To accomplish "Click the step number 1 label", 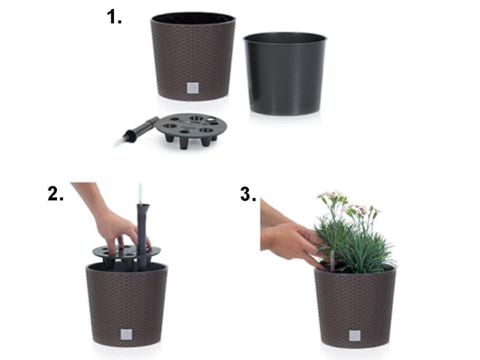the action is [x=114, y=17].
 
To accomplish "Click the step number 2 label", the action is [x=56, y=194].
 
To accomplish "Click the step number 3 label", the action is [x=248, y=194].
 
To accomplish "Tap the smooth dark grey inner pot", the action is [x=285, y=74].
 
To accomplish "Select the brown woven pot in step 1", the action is [x=193, y=56].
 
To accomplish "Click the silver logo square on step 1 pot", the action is [x=193, y=88].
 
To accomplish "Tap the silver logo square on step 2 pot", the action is [x=126, y=334].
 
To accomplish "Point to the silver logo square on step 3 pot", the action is [x=355, y=336].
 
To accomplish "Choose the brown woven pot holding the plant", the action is [x=355, y=306].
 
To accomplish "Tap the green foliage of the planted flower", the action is [x=355, y=245].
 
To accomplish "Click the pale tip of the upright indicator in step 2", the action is [x=140, y=191].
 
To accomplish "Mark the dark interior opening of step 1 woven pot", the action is [x=193, y=19].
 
